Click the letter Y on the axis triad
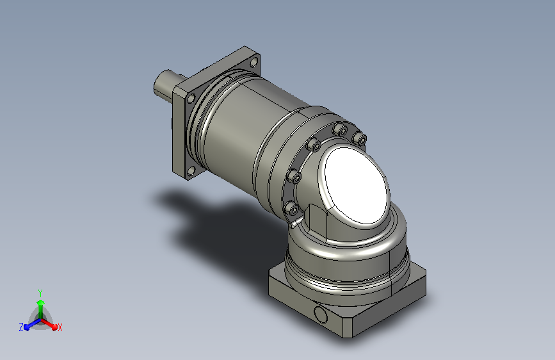pos(40,293)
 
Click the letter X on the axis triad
pos(60,327)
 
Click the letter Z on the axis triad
pos(21,327)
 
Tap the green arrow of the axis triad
pos(41,309)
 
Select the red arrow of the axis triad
pos(49,324)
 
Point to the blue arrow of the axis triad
pos(32,324)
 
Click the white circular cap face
pos(357,185)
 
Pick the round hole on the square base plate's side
pos(321,315)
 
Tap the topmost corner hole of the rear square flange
pos(254,63)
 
